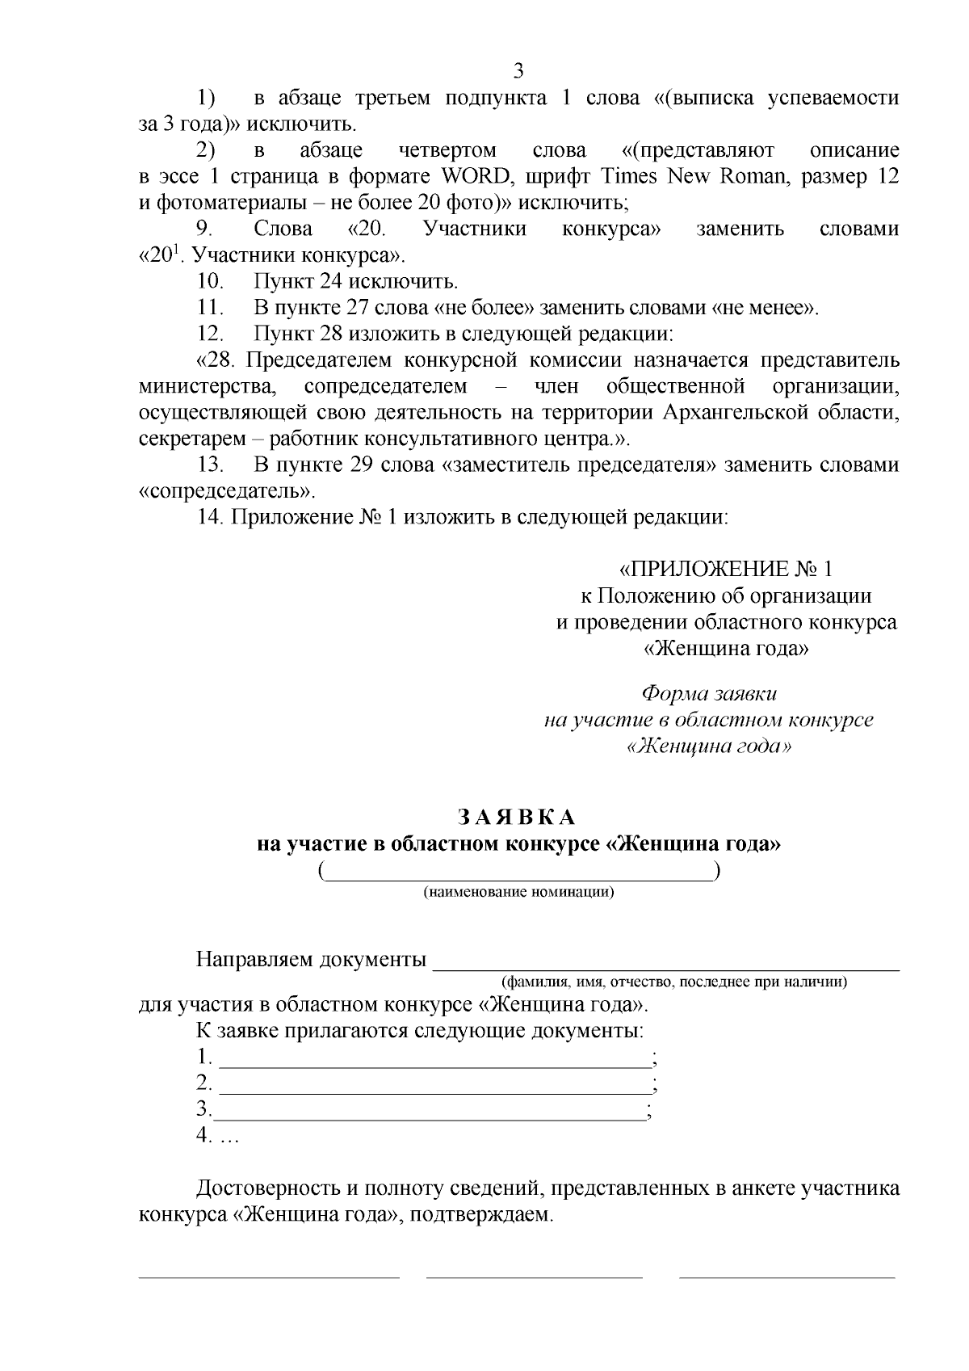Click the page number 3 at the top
[518, 70]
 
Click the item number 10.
[210, 282]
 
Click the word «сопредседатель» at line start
[225, 491]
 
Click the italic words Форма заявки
[709, 693]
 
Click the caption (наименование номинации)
[518, 893]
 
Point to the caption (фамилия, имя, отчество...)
[674, 982]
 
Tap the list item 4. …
[217, 1135]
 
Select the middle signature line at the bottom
[534, 1277]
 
